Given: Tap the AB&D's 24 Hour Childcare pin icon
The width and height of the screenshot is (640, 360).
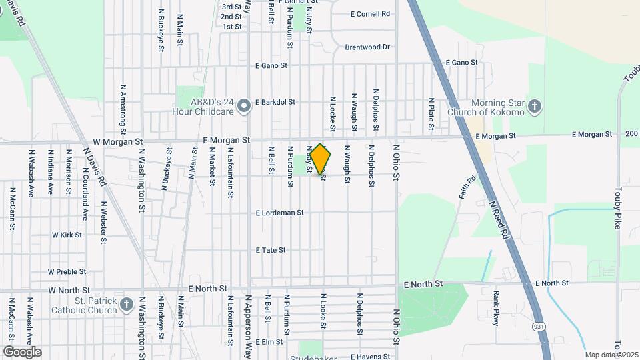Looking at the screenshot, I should pyautogui.click(x=244, y=105).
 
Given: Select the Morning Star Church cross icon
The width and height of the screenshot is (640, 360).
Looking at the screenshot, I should pyautogui.click(x=535, y=106).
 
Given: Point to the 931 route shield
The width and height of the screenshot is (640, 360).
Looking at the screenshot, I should pyautogui.click(x=538, y=326).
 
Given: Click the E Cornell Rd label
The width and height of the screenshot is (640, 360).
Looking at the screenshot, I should pyautogui.click(x=369, y=13).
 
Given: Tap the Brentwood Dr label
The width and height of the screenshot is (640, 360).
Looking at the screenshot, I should pyautogui.click(x=367, y=47).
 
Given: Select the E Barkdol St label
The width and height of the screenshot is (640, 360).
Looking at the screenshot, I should pyautogui.click(x=275, y=103).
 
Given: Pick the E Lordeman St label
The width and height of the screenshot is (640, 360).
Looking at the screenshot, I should pyautogui.click(x=280, y=213).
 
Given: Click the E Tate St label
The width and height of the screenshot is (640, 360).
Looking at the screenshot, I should pyautogui.click(x=271, y=250).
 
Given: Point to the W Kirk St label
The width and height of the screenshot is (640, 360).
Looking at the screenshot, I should pyautogui.click(x=67, y=235).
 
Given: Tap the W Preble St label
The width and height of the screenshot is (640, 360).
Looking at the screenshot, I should pyautogui.click(x=67, y=272).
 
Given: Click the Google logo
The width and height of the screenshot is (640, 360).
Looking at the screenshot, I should pyautogui.click(x=22, y=351).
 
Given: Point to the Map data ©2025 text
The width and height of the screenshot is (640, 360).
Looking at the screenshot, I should pyautogui.click(x=612, y=355).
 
